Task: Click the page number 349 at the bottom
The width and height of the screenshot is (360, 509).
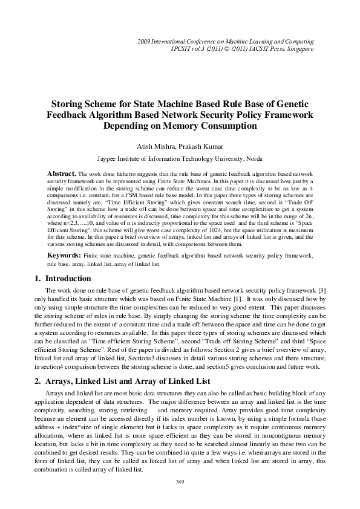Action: (x=179, y=481)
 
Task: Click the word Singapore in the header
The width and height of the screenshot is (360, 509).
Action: (x=299, y=48)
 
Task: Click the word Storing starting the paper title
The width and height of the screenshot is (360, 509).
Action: (x=68, y=105)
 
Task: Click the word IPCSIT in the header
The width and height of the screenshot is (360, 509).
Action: (x=183, y=48)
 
